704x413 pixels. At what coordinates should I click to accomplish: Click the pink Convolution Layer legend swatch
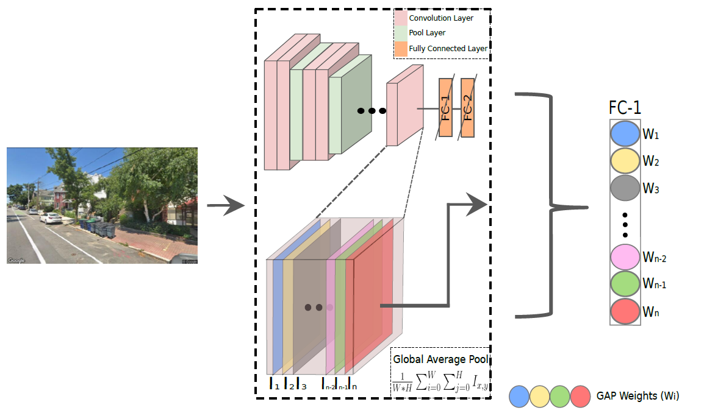click(x=401, y=18)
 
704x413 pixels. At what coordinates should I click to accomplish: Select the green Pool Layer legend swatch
click(x=401, y=33)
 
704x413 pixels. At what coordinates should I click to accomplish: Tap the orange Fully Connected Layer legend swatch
click(x=401, y=48)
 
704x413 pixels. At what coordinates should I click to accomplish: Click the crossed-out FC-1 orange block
click(x=445, y=108)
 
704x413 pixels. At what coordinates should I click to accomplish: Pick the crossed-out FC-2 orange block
click(x=468, y=108)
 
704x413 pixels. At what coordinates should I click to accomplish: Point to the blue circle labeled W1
click(x=625, y=134)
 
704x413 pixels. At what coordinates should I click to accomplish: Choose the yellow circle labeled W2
click(x=625, y=161)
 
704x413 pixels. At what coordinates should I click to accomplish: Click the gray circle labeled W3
click(x=625, y=189)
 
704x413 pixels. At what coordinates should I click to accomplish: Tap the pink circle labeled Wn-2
click(x=625, y=257)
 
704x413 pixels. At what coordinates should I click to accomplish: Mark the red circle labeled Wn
click(x=625, y=312)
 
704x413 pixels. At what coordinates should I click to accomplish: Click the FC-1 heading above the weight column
click(x=625, y=108)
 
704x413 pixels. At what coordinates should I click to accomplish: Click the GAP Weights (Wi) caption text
click(x=638, y=396)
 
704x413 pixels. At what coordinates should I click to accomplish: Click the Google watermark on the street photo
click(x=16, y=260)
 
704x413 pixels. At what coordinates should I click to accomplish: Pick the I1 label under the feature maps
click(x=275, y=385)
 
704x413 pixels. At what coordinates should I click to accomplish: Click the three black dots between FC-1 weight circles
click(x=625, y=225)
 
